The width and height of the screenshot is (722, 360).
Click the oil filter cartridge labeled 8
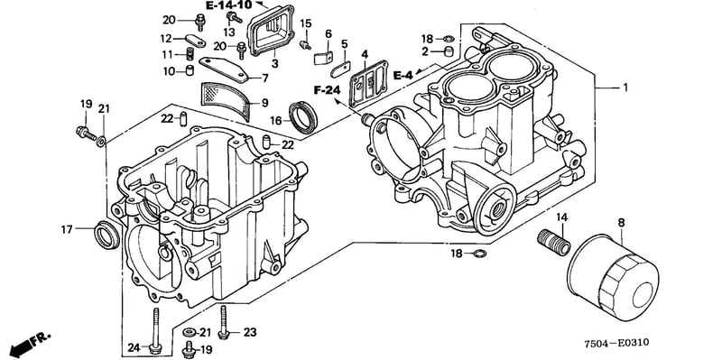[613, 277]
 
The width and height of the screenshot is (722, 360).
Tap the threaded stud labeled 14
[554, 242]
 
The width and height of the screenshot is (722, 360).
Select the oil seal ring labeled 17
[106, 235]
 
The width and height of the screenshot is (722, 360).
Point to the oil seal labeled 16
[303, 117]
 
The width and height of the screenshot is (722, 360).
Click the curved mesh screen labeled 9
[226, 101]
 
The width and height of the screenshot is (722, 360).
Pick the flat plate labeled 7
[224, 69]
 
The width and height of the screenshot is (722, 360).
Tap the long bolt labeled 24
[156, 328]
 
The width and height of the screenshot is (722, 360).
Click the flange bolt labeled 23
[224, 322]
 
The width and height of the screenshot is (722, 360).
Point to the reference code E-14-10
[229, 5]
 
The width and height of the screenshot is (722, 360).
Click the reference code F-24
[327, 90]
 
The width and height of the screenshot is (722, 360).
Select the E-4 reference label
[403, 75]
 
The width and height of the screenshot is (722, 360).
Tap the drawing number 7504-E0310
[616, 344]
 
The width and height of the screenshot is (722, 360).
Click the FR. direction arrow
[30, 342]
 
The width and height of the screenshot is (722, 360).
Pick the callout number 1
[625, 87]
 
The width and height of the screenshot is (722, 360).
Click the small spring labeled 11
[190, 54]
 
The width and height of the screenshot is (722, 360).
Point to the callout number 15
[306, 23]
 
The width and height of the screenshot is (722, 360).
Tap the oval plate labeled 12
[196, 41]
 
